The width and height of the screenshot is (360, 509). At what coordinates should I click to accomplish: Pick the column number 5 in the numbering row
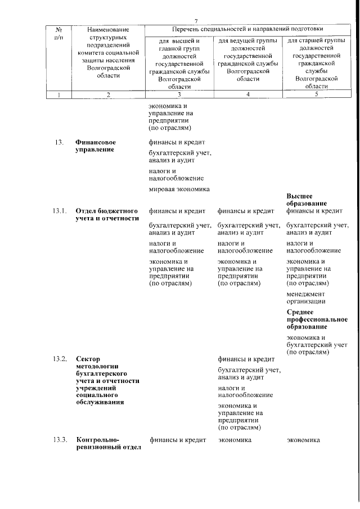coord(316,94)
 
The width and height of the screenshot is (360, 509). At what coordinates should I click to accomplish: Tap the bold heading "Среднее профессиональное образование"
coord(316,319)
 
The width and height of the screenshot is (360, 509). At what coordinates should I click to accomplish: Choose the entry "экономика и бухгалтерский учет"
coord(316,344)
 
